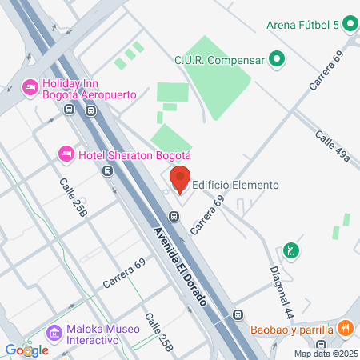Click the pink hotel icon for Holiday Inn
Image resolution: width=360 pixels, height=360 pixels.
30,86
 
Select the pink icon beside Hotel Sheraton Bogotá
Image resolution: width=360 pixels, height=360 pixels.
66,154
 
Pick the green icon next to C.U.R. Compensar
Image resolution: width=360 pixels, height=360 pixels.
276,58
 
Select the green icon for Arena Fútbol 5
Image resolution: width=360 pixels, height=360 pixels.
349,24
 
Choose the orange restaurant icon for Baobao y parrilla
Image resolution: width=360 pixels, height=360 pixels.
346,326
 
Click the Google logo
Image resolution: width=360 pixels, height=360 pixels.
26,350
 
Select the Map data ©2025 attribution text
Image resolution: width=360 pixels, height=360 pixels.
326,354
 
